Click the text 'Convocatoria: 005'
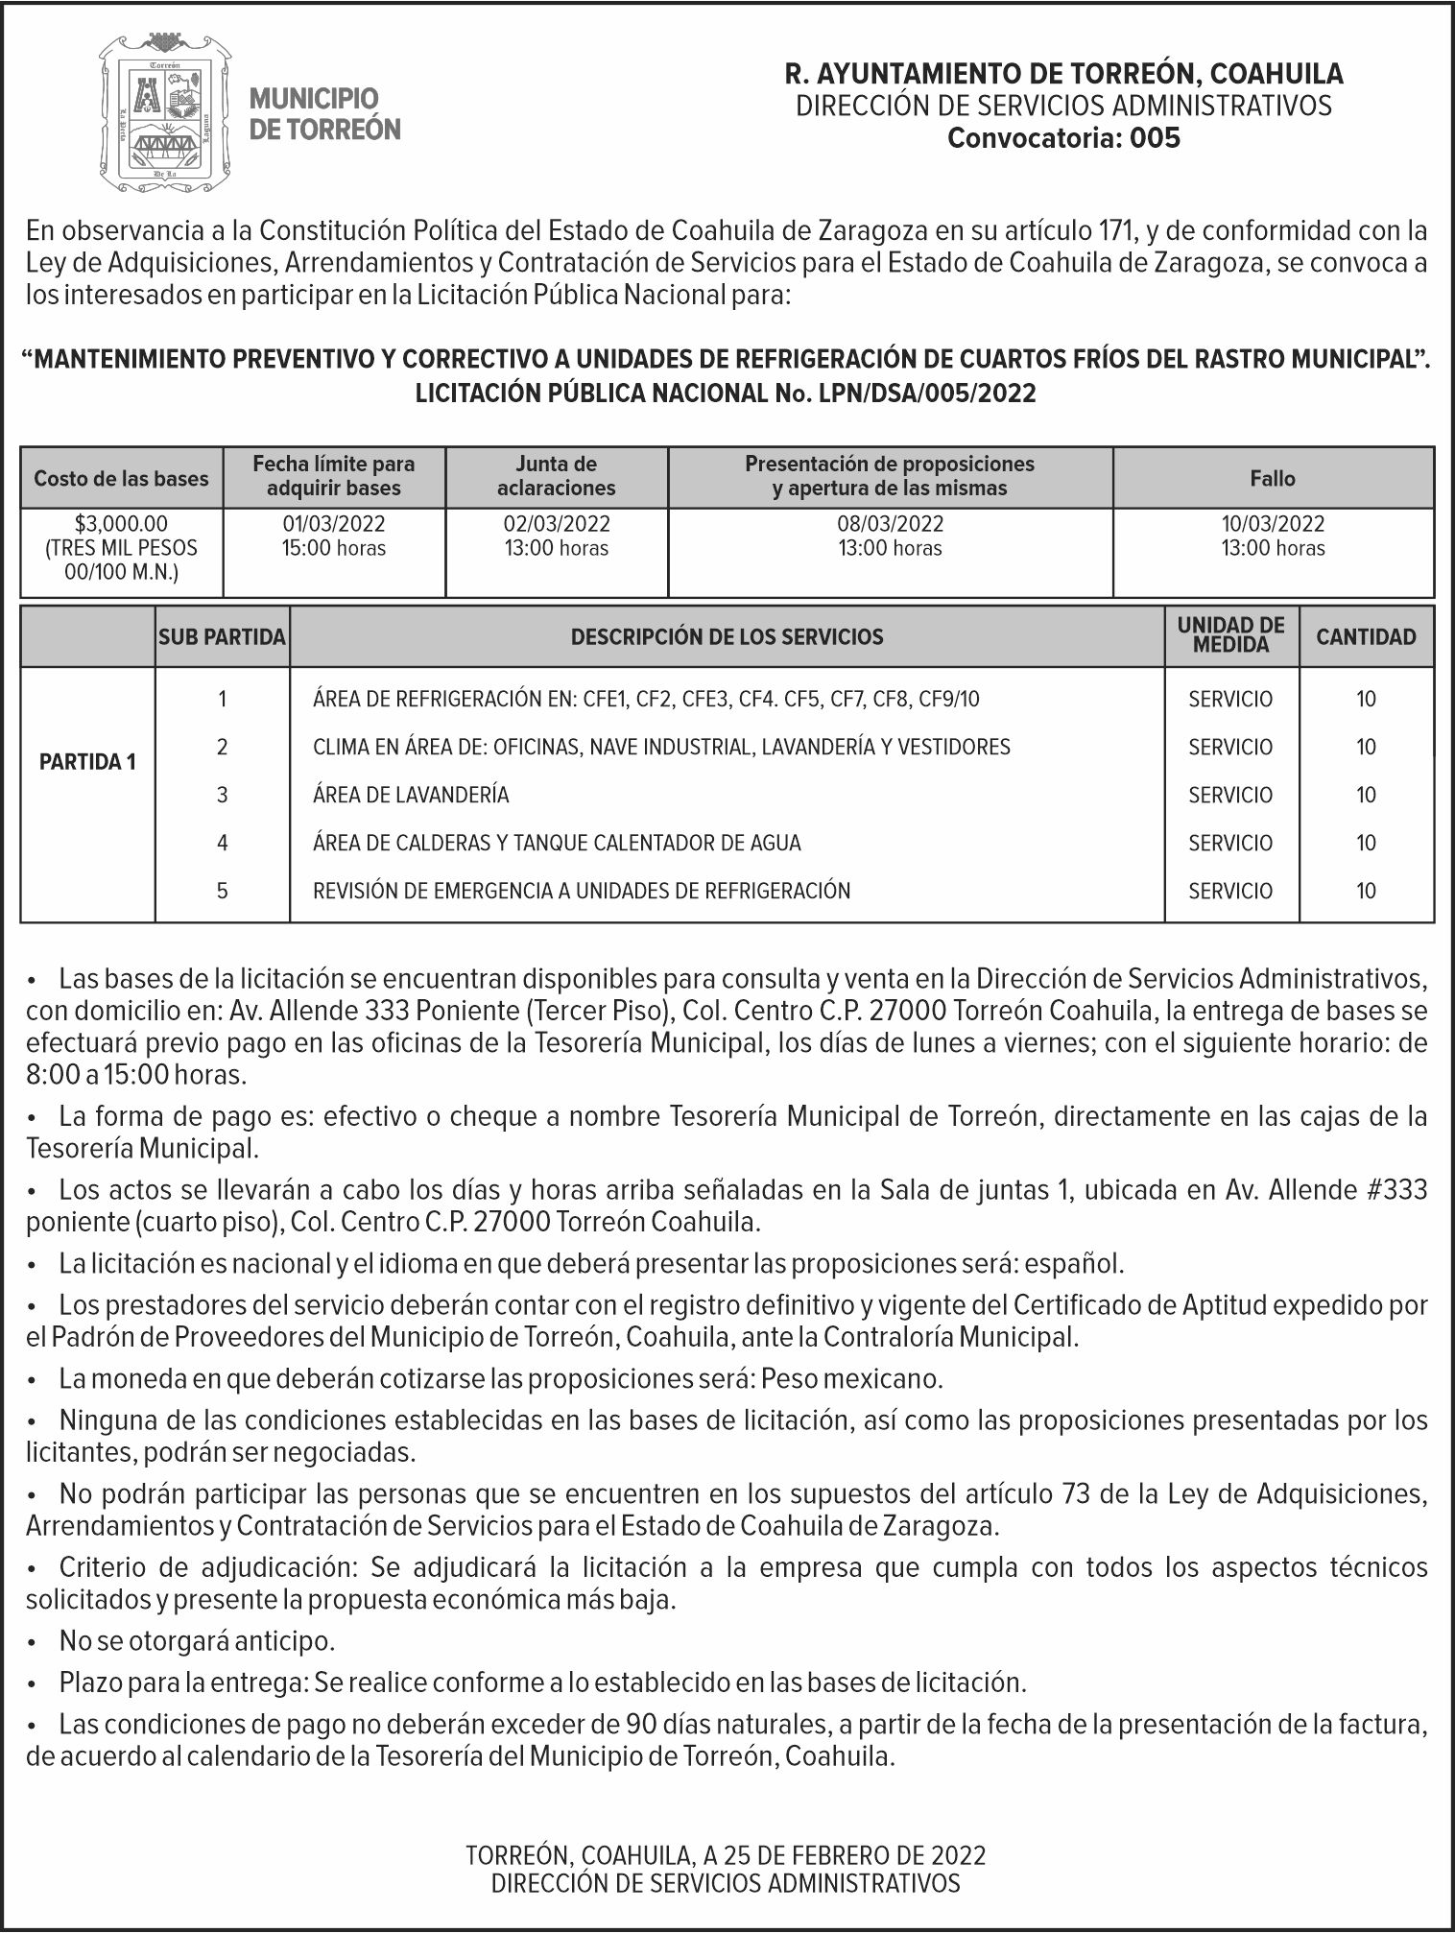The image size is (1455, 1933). (1063, 138)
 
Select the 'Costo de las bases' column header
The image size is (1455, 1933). (121, 478)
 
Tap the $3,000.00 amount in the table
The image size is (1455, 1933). (121, 524)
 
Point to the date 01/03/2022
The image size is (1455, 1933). (333, 524)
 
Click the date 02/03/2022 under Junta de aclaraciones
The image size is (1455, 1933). (557, 524)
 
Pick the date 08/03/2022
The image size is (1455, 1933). (890, 524)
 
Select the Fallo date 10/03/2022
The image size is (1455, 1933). (1273, 524)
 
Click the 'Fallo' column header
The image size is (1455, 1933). (1273, 478)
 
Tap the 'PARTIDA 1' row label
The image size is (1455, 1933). (87, 762)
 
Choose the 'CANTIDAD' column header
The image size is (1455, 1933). (1366, 636)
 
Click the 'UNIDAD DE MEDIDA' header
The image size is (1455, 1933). (1231, 635)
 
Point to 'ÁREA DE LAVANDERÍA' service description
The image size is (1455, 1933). (411, 795)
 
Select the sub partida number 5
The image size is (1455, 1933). (222, 891)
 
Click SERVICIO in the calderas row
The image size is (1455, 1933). (1230, 843)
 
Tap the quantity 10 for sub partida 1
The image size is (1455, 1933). (1366, 699)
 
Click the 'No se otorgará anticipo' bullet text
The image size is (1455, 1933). (197, 1640)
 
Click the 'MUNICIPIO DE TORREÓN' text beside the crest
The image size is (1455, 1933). (324, 113)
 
